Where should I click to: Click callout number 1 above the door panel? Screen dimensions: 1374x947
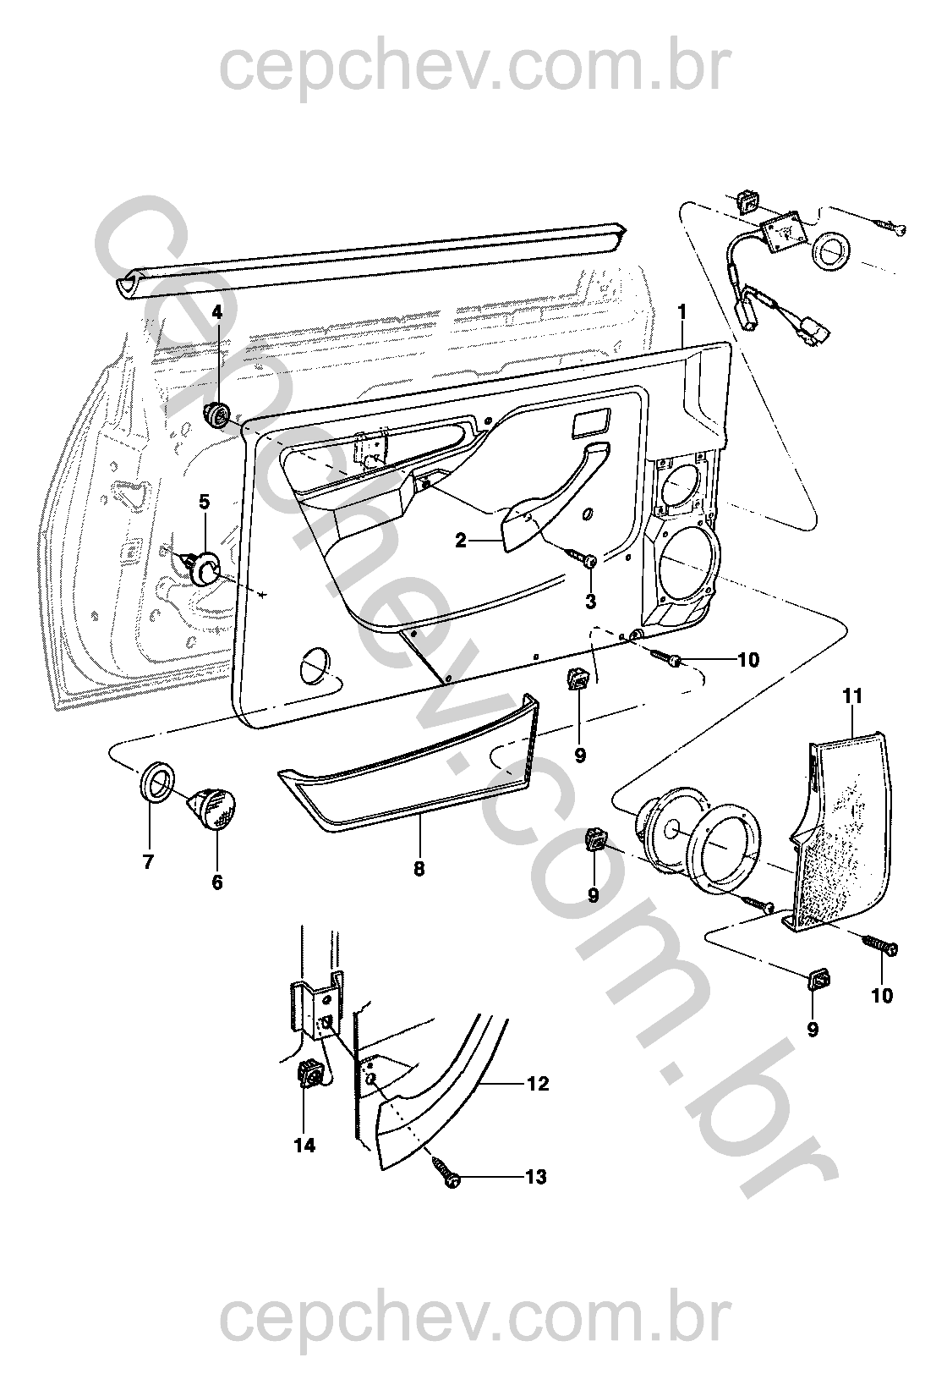[682, 311]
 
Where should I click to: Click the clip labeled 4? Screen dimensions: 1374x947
[217, 415]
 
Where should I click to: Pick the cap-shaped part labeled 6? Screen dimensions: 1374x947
[214, 809]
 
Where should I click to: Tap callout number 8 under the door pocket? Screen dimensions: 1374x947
[419, 869]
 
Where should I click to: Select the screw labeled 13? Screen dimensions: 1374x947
[445, 1173]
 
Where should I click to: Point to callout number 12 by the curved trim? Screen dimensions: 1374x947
[539, 1084]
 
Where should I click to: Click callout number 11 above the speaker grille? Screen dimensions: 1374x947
[852, 696]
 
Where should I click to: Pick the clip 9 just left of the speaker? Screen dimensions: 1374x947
[594, 840]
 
